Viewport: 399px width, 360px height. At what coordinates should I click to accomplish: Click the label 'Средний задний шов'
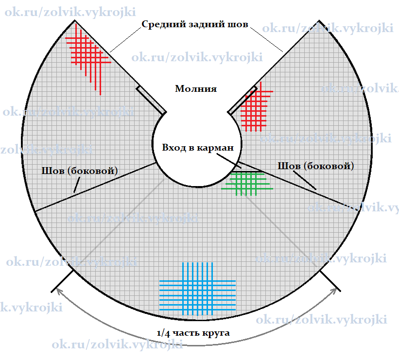click(195, 24)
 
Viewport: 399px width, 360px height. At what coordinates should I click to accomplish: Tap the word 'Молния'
click(196, 88)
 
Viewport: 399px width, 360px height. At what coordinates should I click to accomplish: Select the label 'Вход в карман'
click(198, 148)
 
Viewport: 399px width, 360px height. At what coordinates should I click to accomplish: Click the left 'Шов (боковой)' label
click(80, 171)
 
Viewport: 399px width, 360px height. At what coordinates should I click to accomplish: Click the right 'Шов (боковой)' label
click(316, 166)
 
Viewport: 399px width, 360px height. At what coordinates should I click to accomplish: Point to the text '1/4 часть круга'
click(193, 333)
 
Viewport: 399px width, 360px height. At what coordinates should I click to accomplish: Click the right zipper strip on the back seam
click(242, 100)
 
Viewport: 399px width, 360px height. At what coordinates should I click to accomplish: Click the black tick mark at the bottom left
click(63, 281)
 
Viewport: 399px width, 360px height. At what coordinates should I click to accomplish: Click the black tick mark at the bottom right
click(330, 281)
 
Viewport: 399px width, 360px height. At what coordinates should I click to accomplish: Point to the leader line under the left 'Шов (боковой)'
click(77, 185)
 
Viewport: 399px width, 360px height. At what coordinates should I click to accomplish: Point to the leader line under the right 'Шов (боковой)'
click(305, 180)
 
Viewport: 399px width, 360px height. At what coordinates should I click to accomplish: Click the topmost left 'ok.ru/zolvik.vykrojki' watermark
click(70, 12)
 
